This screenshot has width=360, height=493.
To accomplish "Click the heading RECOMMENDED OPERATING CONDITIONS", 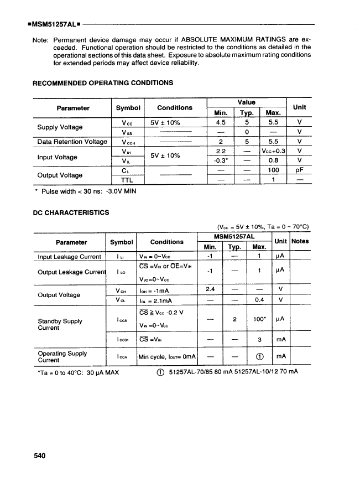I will pyautogui.click(x=103, y=83).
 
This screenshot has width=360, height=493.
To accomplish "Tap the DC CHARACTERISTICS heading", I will pyautogui.click(x=71, y=212).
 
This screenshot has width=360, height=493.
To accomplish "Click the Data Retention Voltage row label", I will pyautogui.click(x=72, y=142).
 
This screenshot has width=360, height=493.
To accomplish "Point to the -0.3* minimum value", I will pyautogui.click(x=221, y=160).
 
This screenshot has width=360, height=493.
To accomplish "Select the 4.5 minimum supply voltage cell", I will pyautogui.click(x=221, y=123).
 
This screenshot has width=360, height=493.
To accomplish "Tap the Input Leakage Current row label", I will pyautogui.click(x=69, y=257).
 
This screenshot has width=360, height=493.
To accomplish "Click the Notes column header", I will pyautogui.click(x=300, y=241).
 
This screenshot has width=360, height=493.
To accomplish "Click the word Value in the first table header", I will pyautogui.click(x=247, y=102).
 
